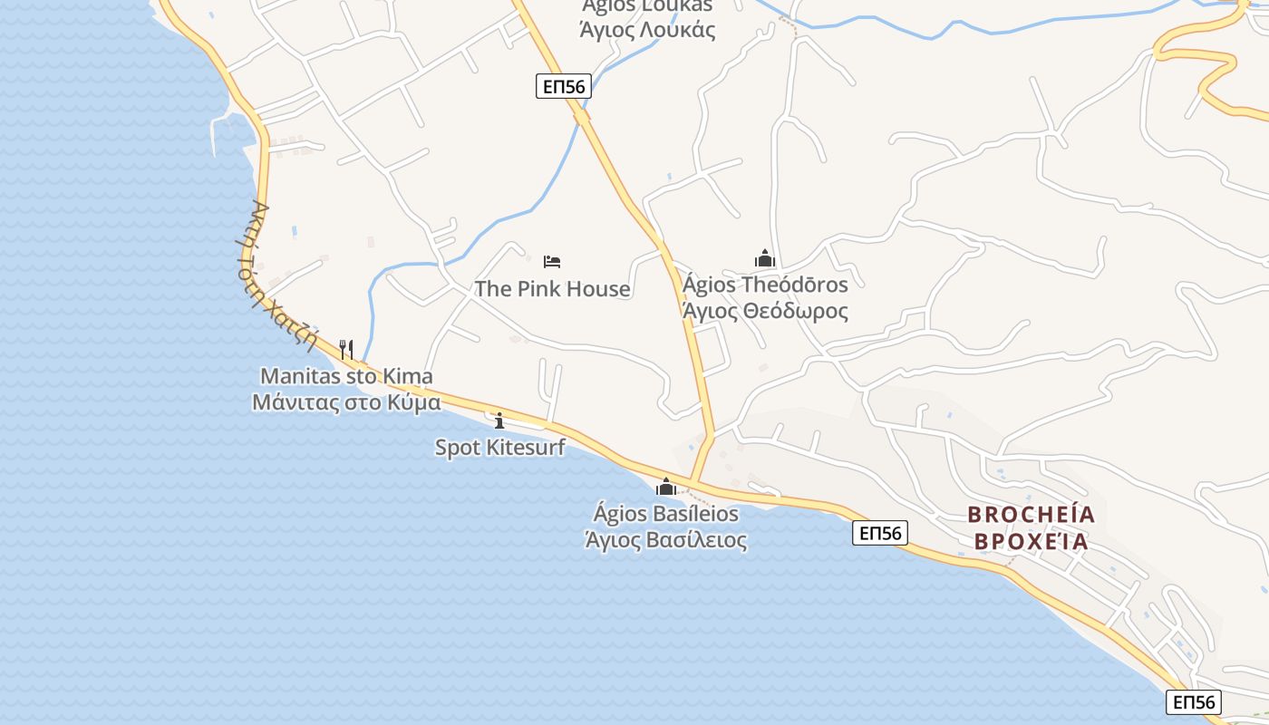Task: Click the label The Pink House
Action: point(552,289)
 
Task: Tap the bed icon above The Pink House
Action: point(552,262)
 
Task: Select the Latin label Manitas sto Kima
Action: point(346,376)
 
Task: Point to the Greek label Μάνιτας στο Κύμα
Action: point(346,402)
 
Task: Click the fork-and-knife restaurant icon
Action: point(345,349)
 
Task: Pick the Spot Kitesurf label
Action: point(499,447)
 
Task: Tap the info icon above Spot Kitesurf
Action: point(499,420)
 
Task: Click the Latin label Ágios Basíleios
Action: point(666,514)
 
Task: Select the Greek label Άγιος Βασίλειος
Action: point(666,541)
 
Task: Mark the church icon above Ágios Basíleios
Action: point(666,487)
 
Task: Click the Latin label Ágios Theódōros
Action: point(765,285)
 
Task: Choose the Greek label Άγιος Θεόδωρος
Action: point(765,311)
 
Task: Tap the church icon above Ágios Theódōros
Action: point(765,258)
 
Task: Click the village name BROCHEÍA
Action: point(1032,515)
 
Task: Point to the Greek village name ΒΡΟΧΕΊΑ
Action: point(1032,542)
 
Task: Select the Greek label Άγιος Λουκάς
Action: point(647,30)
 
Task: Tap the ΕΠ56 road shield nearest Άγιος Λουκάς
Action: point(563,86)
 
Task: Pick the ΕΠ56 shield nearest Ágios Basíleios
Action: point(879,533)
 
